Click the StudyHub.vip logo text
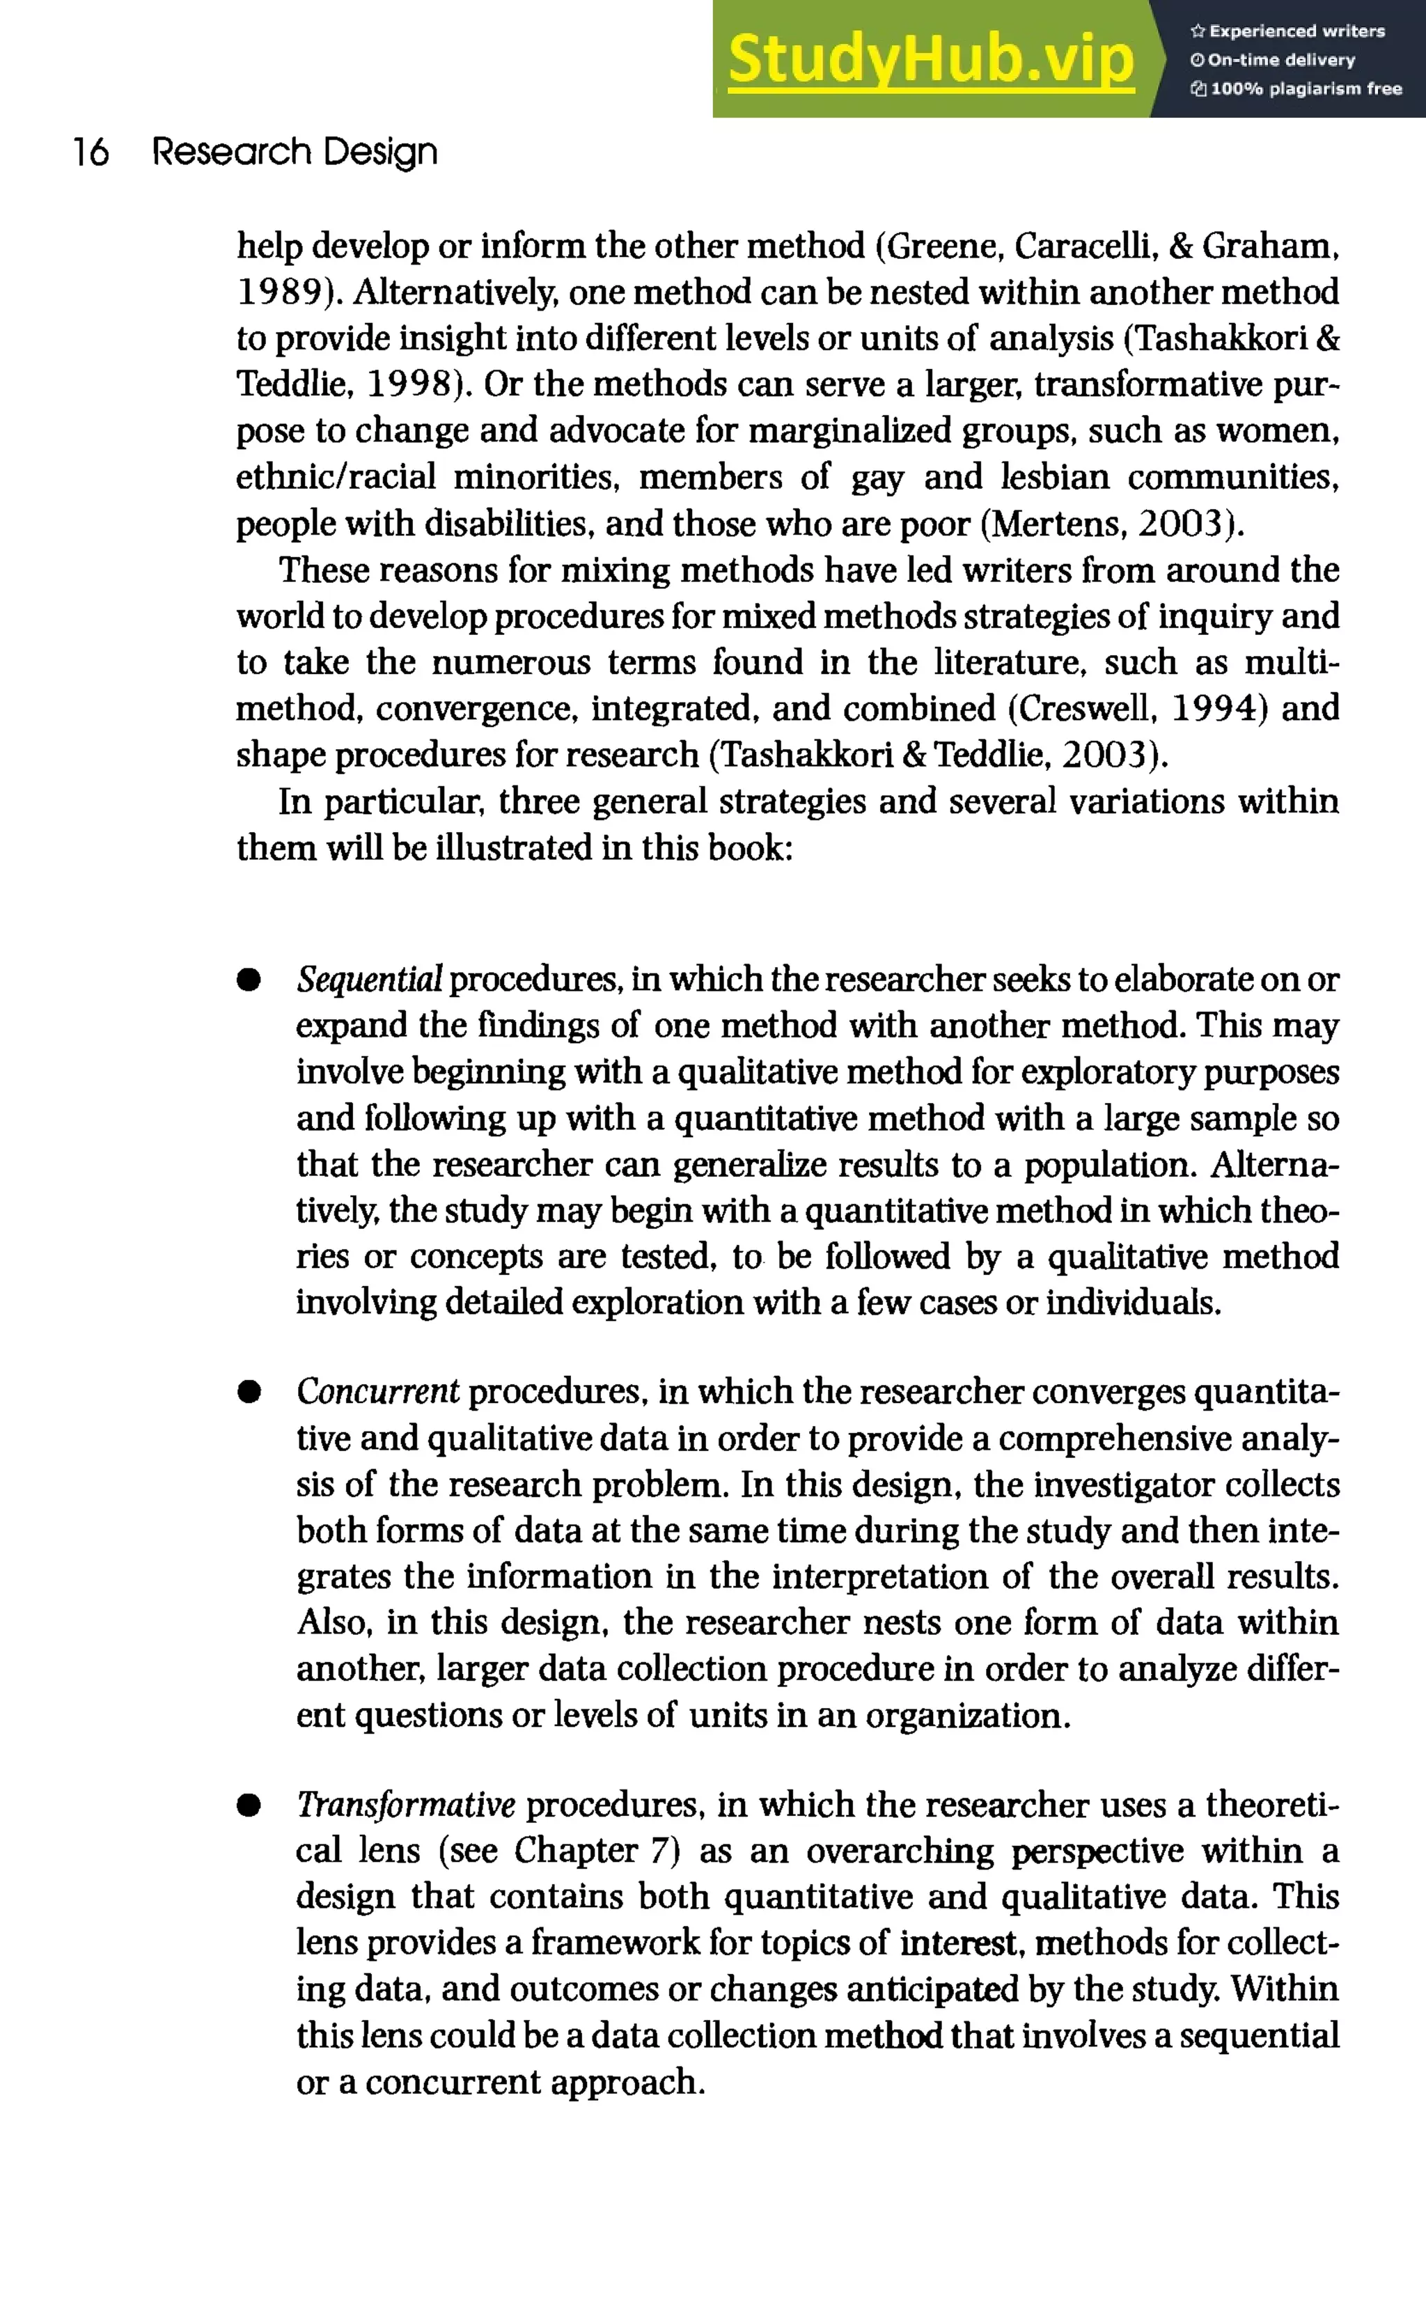[x=930, y=59]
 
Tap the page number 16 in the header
[x=91, y=152]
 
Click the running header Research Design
[x=295, y=152]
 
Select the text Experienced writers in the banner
[x=1296, y=31]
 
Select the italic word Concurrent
[x=377, y=1392]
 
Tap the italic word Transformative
[x=405, y=1805]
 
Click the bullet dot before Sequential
[x=249, y=980]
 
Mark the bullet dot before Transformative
[x=249, y=1805]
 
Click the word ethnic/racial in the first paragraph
[x=336, y=477]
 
